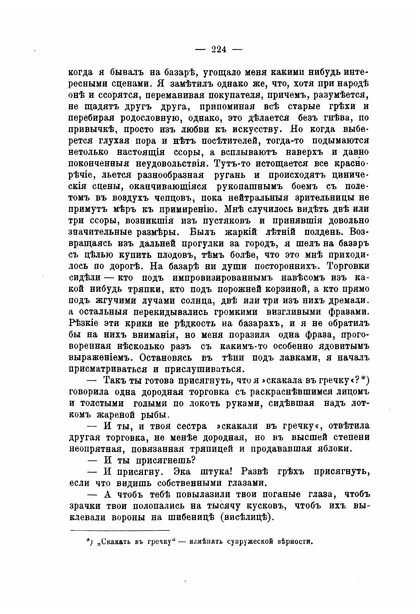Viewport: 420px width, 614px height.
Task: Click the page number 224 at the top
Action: (x=219, y=49)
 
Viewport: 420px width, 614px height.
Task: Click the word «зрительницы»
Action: (x=319, y=197)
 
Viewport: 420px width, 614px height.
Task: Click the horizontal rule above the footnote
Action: (x=119, y=530)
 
